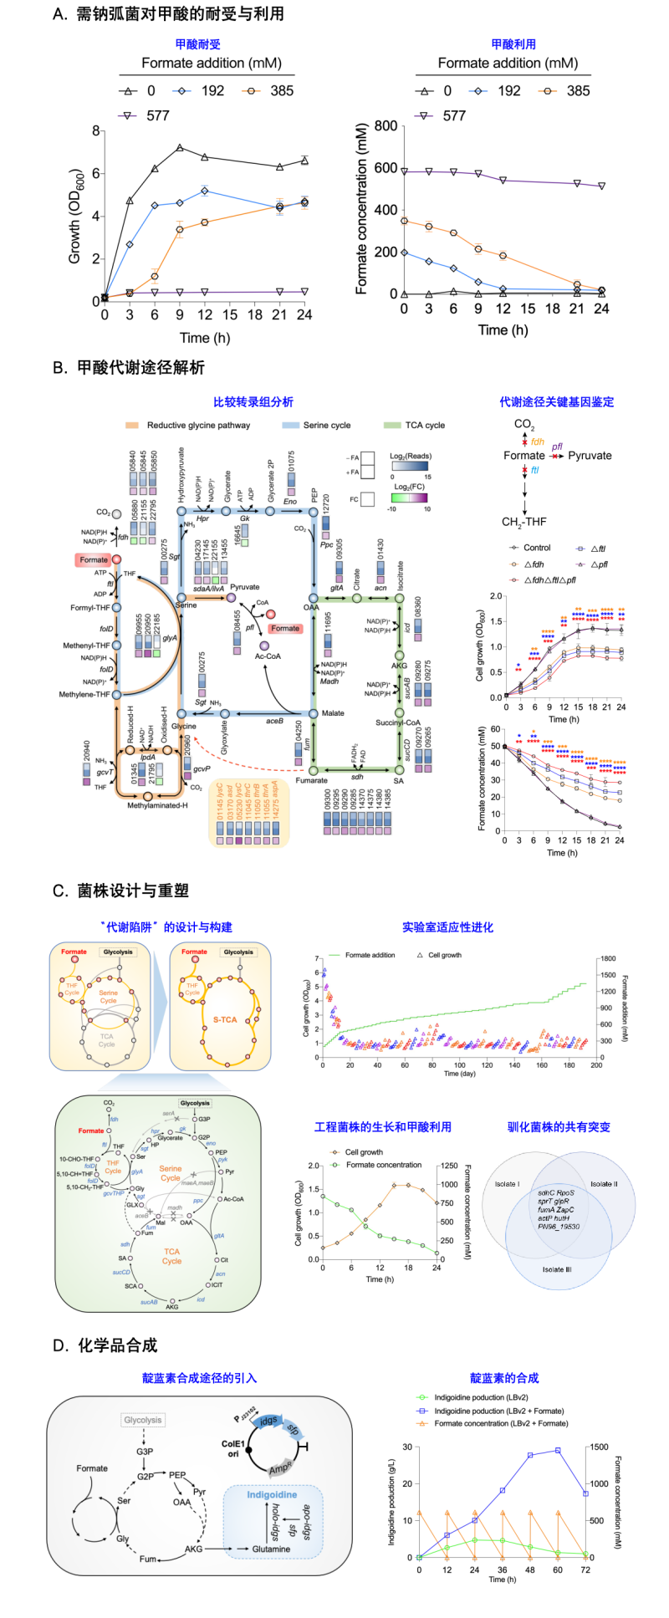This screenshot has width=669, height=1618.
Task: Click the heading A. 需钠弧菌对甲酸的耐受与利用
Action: [168, 14]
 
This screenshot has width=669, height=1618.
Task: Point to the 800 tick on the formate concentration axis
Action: [386, 126]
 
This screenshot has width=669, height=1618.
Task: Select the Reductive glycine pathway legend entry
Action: [198, 425]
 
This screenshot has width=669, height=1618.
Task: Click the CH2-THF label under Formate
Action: [524, 522]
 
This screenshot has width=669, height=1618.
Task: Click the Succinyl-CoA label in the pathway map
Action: [398, 722]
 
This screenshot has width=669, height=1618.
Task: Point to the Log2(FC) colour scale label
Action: [410, 486]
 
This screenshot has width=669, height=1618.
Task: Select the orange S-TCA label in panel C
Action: [225, 1019]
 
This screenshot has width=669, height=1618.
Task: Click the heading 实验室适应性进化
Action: [447, 926]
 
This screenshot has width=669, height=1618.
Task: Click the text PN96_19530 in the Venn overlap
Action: [559, 1227]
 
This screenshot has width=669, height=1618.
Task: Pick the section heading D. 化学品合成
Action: [105, 1345]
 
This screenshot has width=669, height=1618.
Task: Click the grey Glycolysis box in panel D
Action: [143, 1420]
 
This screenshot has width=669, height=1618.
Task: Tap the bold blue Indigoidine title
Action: [272, 1494]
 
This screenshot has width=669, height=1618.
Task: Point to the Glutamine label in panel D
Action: [271, 1549]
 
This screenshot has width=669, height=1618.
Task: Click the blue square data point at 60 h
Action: [558, 1451]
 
